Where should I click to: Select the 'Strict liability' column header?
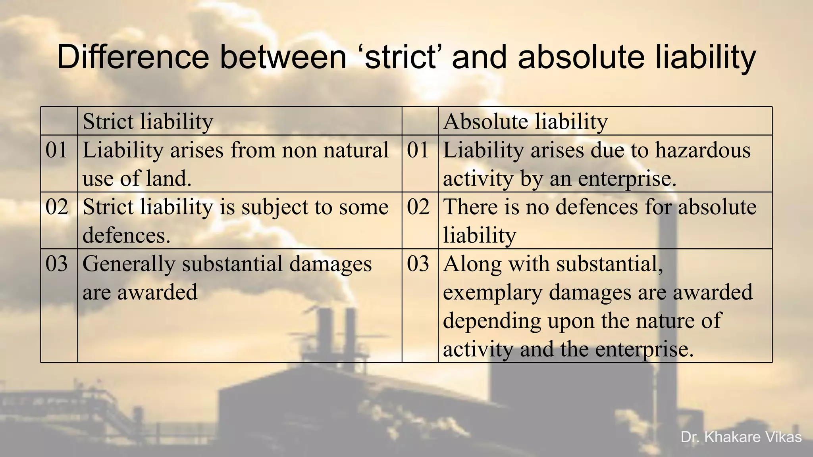click(148, 121)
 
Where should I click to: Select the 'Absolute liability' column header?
click(525, 121)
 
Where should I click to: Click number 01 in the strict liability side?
click(56, 150)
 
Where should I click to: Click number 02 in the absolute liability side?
click(418, 207)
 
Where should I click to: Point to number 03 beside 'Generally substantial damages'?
click(56, 264)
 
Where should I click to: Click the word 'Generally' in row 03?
click(129, 264)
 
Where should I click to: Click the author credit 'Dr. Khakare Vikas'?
click(741, 437)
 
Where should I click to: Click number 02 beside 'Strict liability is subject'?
click(56, 207)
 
